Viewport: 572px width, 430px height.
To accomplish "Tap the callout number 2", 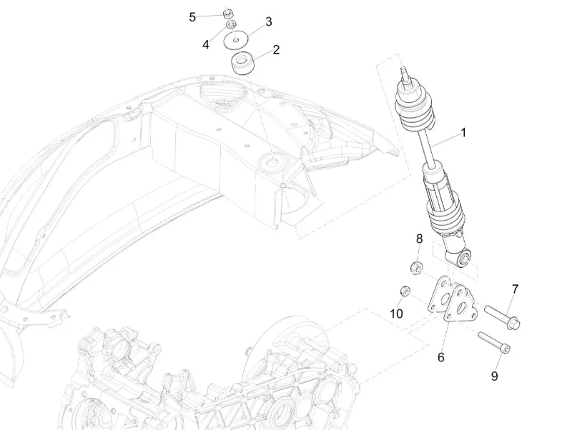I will point(276,50).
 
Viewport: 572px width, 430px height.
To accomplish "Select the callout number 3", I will point(268,21).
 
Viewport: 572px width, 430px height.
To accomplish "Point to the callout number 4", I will point(206,44).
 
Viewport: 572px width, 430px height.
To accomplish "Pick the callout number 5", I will point(192,16).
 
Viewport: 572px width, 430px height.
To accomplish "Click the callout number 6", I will point(440,356).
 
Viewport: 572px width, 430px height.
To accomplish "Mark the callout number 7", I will point(514,289).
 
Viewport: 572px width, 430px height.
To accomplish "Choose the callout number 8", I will point(419,238).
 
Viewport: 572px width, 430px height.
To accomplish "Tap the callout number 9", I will point(494,376).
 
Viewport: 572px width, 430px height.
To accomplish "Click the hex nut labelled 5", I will point(228,12).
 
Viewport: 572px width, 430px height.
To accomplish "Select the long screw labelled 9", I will point(494,342).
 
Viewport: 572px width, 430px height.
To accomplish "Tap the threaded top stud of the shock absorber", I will point(406,74).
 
